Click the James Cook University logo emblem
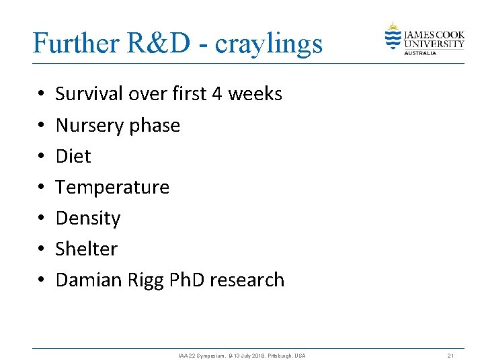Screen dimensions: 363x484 pyautogui.click(x=393, y=37)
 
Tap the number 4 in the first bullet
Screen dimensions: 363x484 pyautogui.click(x=217, y=94)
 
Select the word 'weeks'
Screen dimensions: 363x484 pyautogui.click(x=255, y=94)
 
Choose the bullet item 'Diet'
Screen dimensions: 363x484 pyautogui.click(x=73, y=156)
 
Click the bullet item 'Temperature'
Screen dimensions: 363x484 pyautogui.click(x=112, y=188)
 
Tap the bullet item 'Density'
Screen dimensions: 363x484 pyautogui.click(x=88, y=218)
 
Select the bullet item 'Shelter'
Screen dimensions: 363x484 pyautogui.click(x=86, y=249)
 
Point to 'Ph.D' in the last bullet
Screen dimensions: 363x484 pyautogui.click(x=184, y=280)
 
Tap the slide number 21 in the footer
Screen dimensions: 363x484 pyautogui.click(x=451, y=355)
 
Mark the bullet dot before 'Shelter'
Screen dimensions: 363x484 pyautogui.click(x=41, y=249)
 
